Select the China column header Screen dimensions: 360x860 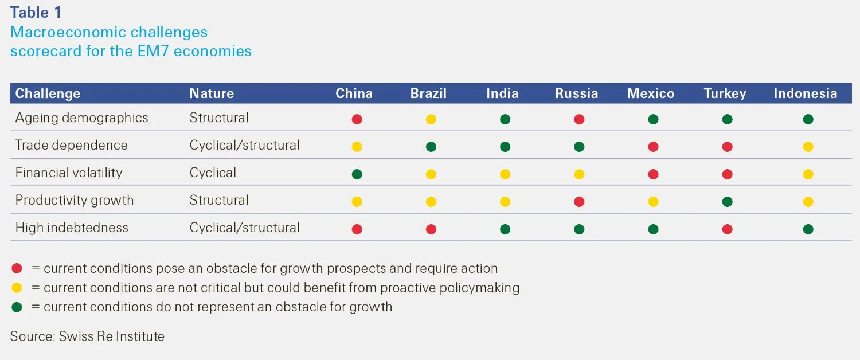point(354,93)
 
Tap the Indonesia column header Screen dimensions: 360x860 point(805,93)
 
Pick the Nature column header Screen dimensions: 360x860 point(212,93)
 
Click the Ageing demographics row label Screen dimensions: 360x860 point(81,118)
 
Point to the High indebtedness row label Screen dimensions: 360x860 point(72,228)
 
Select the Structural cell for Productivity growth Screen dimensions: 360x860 point(219,201)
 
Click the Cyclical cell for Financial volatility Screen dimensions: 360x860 point(213,173)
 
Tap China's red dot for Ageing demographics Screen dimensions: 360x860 point(357,119)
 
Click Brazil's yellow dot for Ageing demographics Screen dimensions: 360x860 point(431,119)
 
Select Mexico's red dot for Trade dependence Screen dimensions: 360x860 point(653,147)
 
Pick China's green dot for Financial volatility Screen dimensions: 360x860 point(357,174)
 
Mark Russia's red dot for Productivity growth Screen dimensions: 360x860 point(579,202)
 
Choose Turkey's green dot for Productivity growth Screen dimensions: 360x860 point(727,202)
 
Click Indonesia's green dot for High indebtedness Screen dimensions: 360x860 point(808,229)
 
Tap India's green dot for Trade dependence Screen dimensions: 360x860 point(505,147)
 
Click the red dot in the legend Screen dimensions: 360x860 point(17,268)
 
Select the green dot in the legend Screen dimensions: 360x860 point(17,307)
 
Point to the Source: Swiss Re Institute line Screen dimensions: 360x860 point(87,336)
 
